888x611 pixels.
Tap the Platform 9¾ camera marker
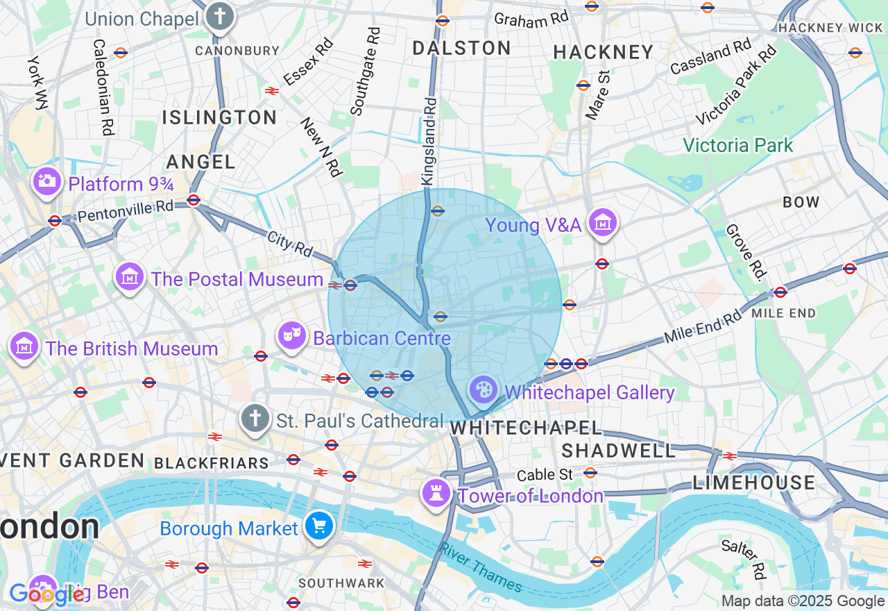click(x=47, y=182)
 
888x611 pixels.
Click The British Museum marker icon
click(x=24, y=346)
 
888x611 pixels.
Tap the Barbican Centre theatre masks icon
click(x=292, y=336)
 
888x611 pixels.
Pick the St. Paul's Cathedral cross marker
click(x=255, y=419)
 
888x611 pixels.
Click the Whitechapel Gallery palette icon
click(x=483, y=390)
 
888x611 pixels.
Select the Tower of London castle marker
click(x=436, y=494)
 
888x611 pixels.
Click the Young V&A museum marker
click(x=602, y=223)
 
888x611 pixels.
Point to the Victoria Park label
click(x=737, y=145)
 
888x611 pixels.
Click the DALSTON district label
click(x=461, y=48)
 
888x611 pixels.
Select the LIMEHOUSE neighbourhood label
click(x=753, y=483)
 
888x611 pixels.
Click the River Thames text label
click(x=480, y=567)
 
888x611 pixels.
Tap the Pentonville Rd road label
click(x=126, y=208)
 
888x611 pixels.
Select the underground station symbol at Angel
click(x=194, y=200)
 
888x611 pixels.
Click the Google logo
click(x=46, y=595)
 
